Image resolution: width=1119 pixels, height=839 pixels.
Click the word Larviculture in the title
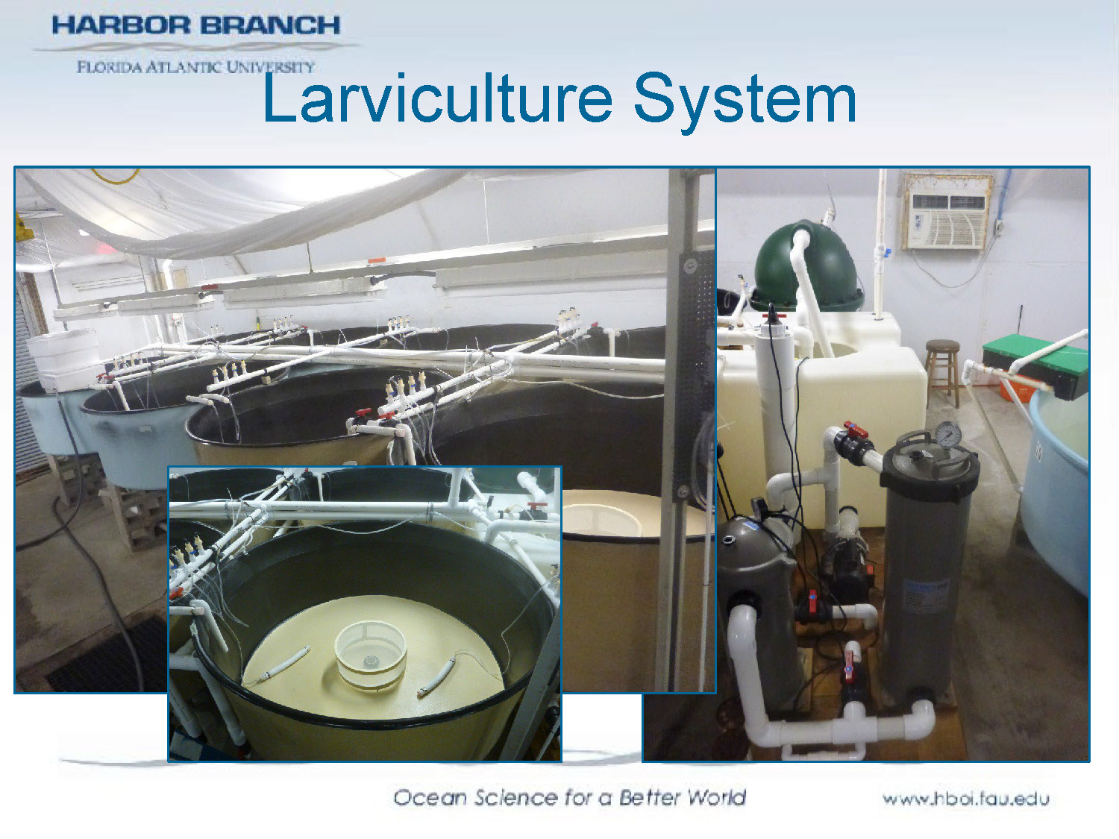(437, 99)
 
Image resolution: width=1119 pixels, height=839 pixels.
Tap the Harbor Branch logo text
(195, 25)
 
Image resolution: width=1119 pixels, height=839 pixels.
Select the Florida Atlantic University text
(195, 66)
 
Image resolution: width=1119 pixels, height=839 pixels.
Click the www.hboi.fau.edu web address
(965, 799)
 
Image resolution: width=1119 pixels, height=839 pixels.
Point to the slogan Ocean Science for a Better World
(569, 797)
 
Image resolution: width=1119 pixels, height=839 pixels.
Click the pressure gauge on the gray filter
(947, 434)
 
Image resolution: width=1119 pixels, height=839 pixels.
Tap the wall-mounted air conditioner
(946, 211)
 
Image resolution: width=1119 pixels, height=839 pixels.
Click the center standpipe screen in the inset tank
(371, 654)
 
